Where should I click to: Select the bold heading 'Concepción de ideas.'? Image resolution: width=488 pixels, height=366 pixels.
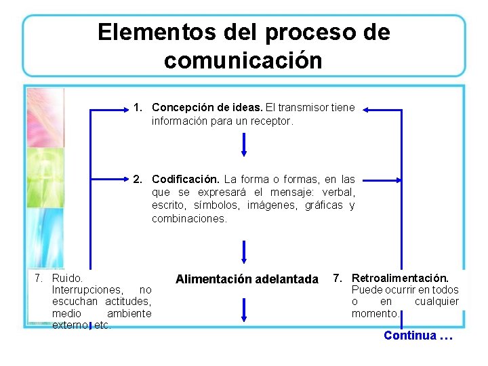(207, 108)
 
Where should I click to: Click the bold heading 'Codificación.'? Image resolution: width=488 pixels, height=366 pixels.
(185, 180)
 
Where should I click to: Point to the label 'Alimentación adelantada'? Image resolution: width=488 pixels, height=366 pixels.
(247, 279)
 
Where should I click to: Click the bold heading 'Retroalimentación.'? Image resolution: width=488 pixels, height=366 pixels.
(400, 278)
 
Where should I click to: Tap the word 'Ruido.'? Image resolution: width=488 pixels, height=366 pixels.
(67, 278)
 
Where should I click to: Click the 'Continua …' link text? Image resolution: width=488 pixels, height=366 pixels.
(418, 335)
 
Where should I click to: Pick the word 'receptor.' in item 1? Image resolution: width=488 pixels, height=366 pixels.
(272, 121)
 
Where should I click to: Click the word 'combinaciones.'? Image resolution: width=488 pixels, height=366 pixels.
(189, 218)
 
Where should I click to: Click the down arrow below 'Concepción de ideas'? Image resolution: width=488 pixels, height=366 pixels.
(244, 144)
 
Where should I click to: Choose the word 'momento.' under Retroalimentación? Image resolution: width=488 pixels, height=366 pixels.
(376, 314)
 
